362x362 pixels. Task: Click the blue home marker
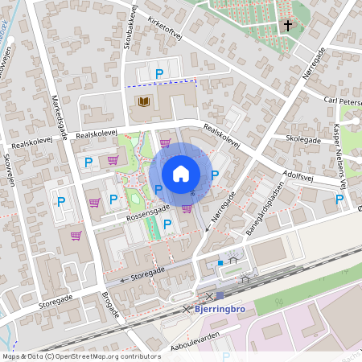tap(181, 173)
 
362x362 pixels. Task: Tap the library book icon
tap(144, 102)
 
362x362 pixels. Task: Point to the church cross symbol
tap(287, 26)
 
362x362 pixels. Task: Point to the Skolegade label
tap(301, 139)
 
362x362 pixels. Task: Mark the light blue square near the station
tap(220, 262)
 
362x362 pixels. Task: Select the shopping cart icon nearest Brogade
tap(76, 236)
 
